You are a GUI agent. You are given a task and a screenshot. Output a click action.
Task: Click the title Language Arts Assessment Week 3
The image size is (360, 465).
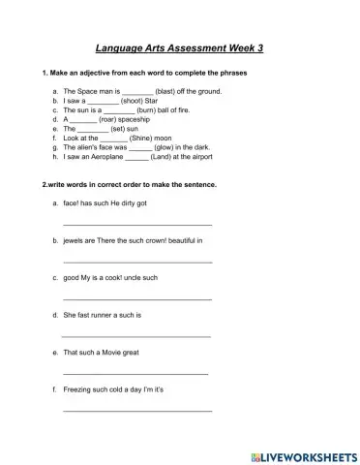click(x=180, y=46)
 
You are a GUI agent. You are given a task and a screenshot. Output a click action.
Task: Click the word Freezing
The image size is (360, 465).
click(x=78, y=389)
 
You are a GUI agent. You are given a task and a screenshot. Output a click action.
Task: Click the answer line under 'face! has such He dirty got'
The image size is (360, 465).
click(x=136, y=225)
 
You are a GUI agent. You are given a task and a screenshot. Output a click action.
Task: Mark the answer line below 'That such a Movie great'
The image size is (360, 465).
click(x=135, y=374)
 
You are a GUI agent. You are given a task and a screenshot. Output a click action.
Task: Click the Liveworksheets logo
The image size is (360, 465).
click(x=302, y=455)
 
